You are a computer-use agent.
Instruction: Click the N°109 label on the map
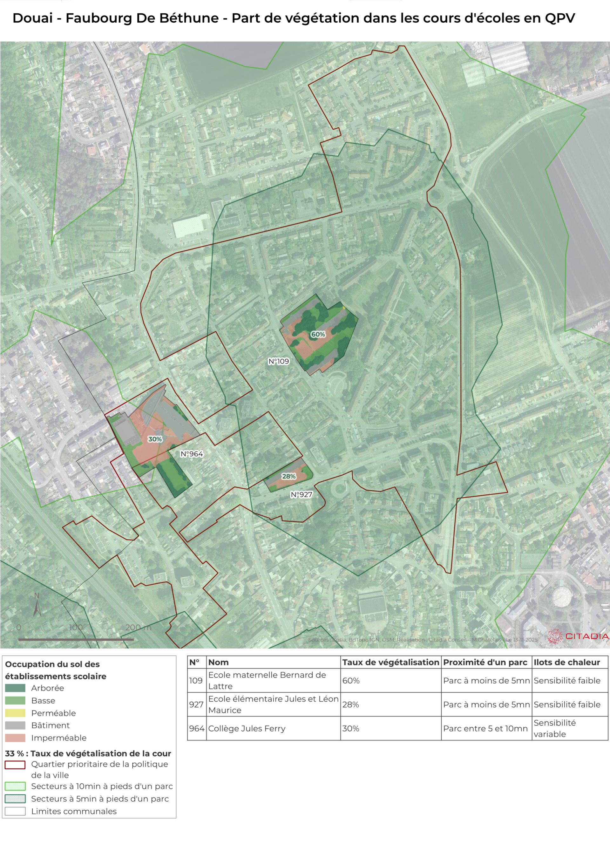click(279, 361)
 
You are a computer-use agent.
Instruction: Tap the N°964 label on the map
click(192, 454)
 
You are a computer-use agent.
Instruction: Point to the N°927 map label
click(302, 495)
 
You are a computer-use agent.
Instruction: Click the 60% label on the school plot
click(318, 334)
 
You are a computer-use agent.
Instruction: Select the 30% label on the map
click(155, 439)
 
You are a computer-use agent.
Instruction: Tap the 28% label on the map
click(289, 476)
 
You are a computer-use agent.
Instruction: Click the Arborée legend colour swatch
click(15, 688)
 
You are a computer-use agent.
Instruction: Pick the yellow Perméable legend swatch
click(15, 713)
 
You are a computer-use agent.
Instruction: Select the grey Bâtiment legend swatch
click(15, 725)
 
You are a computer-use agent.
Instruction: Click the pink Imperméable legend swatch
click(15, 738)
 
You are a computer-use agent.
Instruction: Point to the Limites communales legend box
click(15, 811)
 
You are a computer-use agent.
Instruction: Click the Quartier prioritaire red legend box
click(15, 764)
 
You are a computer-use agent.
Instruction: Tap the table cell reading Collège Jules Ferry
click(247, 729)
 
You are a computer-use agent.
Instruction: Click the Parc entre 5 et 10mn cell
click(485, 729)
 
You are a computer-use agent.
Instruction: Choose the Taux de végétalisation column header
click(390, 662)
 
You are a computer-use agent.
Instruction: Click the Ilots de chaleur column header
click(566, 662)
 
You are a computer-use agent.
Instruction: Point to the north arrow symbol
click(37, 606)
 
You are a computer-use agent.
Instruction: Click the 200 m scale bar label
click(138, 627)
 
